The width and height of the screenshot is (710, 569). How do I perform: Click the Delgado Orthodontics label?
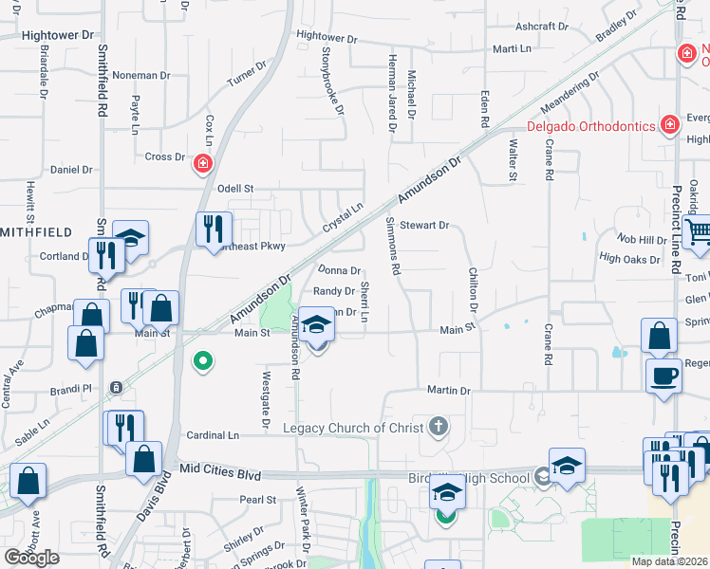[x=592, y=126]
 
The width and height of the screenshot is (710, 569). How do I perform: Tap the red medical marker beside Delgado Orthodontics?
[x=670, y=124]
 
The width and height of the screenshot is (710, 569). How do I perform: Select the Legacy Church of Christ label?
[x=352, y=428]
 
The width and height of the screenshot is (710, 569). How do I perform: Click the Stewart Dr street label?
[x=423, y=226]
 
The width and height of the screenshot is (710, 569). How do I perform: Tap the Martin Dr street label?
[x=448, y=390]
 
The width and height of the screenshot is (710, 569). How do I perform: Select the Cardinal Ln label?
[x=213, y=435]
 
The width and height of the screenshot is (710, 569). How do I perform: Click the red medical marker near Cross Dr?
[x=202, y=164]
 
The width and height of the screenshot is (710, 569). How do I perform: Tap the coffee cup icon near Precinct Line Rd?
[x=663, y=375]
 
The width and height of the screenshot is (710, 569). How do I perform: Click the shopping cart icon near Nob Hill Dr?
[x=698, y=232]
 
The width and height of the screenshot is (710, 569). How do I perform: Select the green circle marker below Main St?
[x=202, y=360]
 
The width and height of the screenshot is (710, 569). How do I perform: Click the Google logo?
[x=31, y=558]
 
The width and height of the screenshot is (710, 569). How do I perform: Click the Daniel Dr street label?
[x=71, y=170]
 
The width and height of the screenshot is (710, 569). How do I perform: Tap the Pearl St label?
[x=257, y=500]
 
